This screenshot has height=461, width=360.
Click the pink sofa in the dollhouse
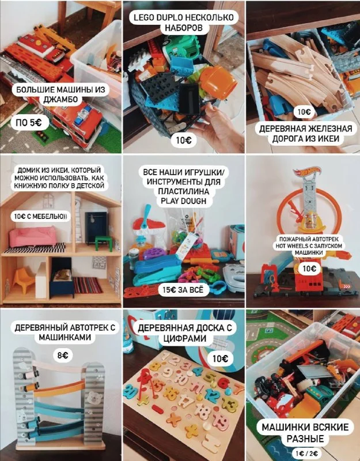tap(33, 236)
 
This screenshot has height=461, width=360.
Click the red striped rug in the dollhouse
tap(88, 285)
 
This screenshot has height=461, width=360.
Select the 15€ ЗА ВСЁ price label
tap(183, 290)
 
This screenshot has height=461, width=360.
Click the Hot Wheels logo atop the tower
tap(307, 171)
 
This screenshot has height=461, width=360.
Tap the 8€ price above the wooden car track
tap(63, 356)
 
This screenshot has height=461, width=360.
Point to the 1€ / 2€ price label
tap(305, 454)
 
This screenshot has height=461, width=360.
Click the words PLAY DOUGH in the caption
tap(183, 201)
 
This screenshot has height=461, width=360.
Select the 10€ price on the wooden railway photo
tap(304, 112)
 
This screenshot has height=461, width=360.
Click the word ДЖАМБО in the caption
tap(60, 99)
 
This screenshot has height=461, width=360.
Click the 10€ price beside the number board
tap(220, 358)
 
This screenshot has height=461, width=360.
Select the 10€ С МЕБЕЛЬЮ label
tap(40, 217)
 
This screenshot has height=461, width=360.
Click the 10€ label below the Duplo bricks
tap(183, 140)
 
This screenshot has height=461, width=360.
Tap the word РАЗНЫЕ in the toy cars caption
tap(305, 439)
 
